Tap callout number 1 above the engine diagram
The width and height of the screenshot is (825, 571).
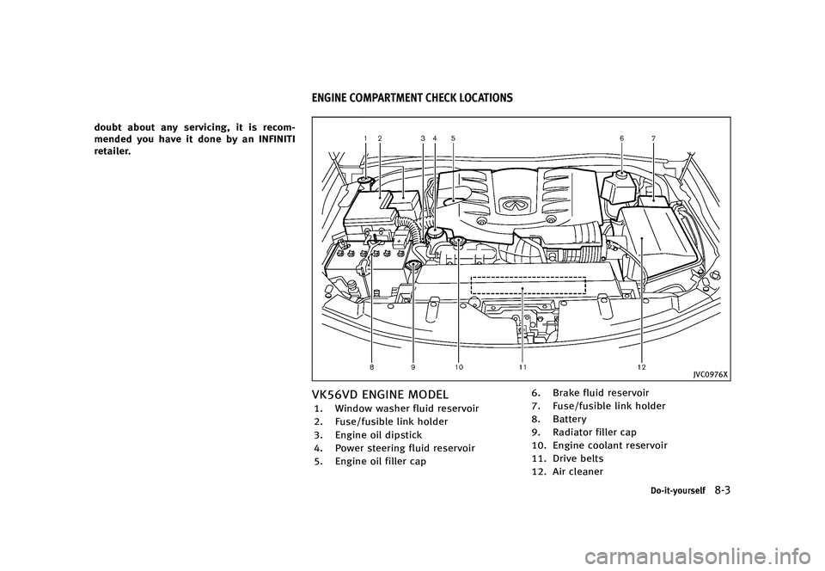click(x=365, y=138)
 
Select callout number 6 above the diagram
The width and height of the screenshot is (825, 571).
click(x=621, y=138)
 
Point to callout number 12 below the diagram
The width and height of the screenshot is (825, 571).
click(x=642, y=367)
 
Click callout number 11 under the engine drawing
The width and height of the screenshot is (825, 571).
click(x=522, y=367)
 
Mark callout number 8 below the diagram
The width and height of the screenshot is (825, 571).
click(x=372, y=367)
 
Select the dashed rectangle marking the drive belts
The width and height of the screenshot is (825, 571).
click(x=528, y=285)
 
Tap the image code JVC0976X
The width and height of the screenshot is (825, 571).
click(x=711, y=374)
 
